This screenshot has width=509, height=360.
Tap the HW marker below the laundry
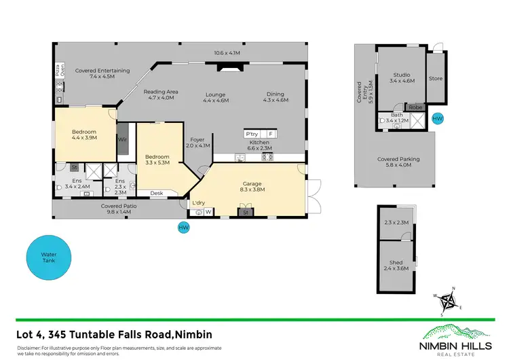[183, 228]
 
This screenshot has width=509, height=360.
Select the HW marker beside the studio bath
[437, 119]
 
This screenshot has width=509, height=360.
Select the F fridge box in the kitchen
[271, 134]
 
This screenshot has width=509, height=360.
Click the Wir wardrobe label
[123, 139]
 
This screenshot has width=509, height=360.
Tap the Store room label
[435, 78]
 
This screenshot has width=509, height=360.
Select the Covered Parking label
[398, 162]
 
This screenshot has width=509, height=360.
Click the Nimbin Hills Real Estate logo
[457, 336]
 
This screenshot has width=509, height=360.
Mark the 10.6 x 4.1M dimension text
[227, 52]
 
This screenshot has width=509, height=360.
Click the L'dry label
[198, 203]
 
